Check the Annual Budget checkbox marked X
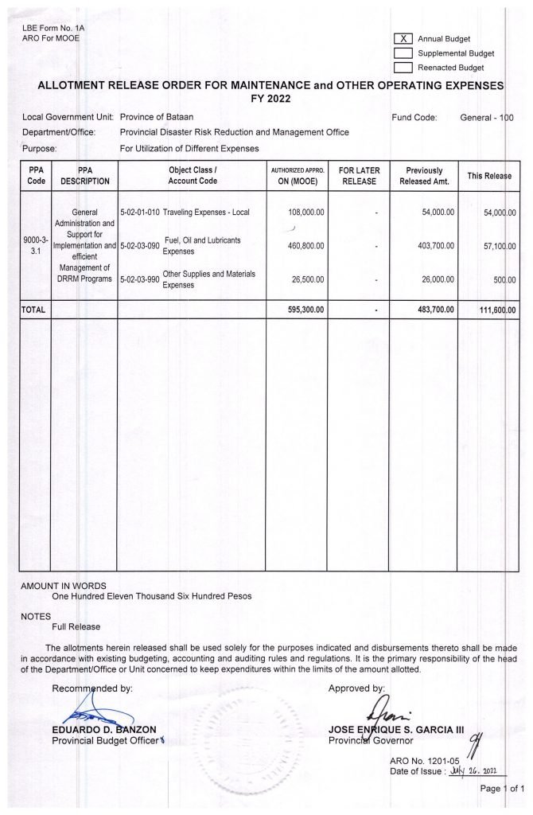[403, 39]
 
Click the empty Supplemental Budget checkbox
[403, 53]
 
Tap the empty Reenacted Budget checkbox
[403, 68]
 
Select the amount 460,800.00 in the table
[304, 246]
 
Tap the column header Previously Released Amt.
[424, 176]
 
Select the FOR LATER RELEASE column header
[359, 176]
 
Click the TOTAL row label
[34, 309]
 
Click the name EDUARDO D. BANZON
[103, 729]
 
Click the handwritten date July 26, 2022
[477, 770]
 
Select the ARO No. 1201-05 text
[417, 759]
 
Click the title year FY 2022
[266, 99]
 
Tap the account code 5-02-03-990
[140, 279]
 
